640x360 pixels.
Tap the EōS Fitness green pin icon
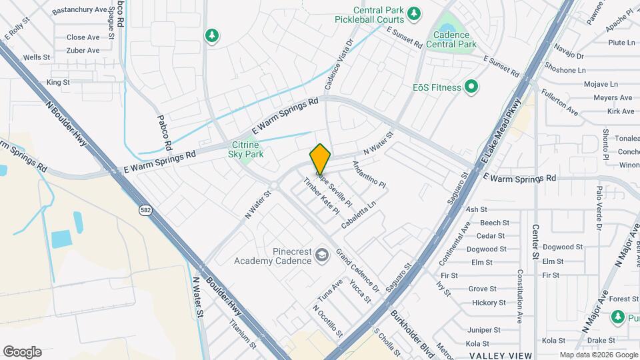471,87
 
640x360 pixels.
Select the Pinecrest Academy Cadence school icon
322,255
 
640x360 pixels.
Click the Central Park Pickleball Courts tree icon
414,13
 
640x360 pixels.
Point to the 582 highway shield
145,210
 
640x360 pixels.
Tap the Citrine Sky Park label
246,149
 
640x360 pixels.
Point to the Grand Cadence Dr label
357,271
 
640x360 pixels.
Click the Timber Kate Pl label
321,195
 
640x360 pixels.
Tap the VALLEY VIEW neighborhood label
500,355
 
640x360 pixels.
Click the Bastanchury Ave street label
79,11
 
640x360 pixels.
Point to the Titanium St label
242,333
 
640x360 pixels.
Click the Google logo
22,351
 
